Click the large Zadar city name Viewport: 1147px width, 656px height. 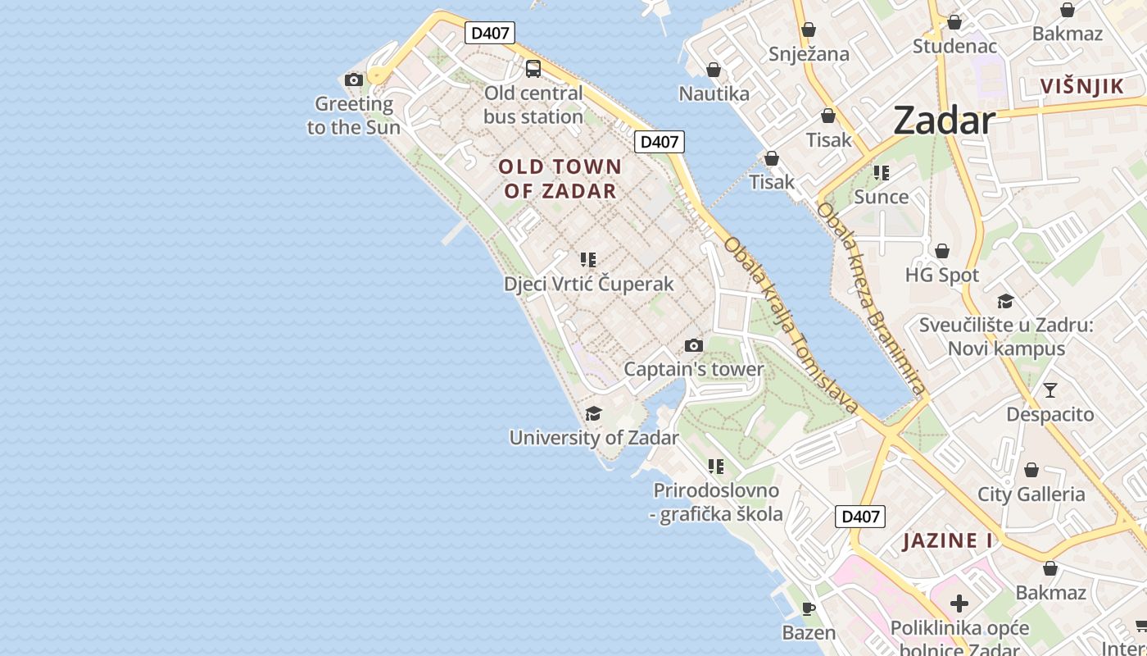[x=944, y=121]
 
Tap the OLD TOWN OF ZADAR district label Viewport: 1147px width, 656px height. [x=560, y=179]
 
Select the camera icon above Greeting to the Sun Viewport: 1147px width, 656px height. [x=354, y=80]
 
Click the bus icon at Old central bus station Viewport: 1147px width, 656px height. [x=533, y=68]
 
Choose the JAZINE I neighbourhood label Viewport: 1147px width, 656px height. [x=948, y=540]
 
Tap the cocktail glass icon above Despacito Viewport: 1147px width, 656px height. [x=1050, y=389]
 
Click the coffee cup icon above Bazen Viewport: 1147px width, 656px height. [x=809, y=608]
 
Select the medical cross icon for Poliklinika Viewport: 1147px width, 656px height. [x=959, y=604]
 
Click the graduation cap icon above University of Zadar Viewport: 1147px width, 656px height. [x=594, y=413]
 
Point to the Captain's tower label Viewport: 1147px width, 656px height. [x=694, y=369]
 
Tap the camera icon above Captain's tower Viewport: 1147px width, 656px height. [x=694, y=345]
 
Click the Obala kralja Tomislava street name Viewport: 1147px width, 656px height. [x=791, y=325]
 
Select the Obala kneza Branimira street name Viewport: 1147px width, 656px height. [x=872, y=298]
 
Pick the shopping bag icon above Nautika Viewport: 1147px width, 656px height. [x=714, y=70]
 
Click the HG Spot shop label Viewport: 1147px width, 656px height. [x=942, y=275]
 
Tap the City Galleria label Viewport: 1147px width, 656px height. [x=1031, y=494]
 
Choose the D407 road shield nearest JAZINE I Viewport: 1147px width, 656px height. [x=860, y=517]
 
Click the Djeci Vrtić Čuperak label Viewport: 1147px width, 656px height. [x=588, y=284]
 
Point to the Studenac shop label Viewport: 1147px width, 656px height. [x=955, y=46]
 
